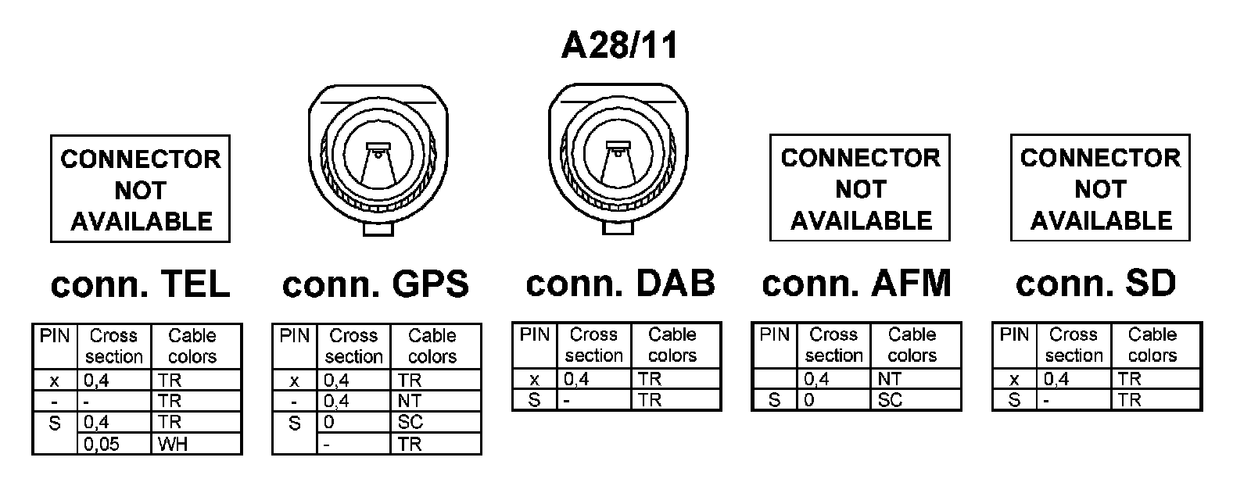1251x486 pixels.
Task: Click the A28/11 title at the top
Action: coord(619,46)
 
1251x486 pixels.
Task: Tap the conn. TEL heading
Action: coord(140,284)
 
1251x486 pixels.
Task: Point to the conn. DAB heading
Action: coord(620,283)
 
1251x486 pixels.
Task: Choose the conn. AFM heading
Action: coord(856,283)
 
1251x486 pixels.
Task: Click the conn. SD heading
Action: coord(1095,283)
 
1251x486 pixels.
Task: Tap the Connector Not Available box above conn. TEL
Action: coord(141,190)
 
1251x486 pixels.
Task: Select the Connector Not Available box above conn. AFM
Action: coord(860,188)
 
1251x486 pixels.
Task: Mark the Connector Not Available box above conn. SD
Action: coord(1100,188)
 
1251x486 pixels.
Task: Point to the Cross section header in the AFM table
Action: coord(833,345)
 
